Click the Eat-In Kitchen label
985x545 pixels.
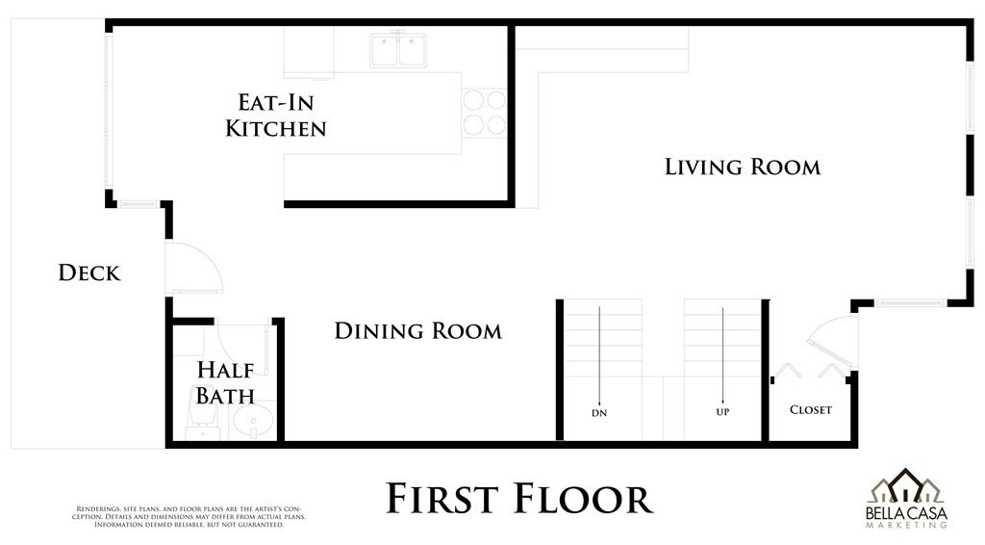pyautogui.click(x=276, y=115)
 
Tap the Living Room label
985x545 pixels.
pyautogui.click(x=743, y=168)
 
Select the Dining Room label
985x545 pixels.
pyautogui.click(x=417, y=331)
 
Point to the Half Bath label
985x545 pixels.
pyautogui.click(x=225, y=383)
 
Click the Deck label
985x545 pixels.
pyautogui.click(x=89, y=272)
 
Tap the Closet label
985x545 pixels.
pyautogui.click(x=810, y=410)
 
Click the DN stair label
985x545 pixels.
pyautogui.click(x=599, y=413)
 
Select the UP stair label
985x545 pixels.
pyautogui.click(x=722, y=412)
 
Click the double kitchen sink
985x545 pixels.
pyautogui.click(x=398, y=50)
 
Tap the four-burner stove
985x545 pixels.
pyautogui.click(x=485, y=113)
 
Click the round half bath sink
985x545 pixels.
pyautogui.click(x=253, y=421)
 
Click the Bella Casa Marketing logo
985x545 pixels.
pyautogui.click(x=906, y=498)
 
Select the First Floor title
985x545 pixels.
pyautogui.click(x=518, y=499)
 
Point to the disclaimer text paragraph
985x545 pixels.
pyautogui.click(x=189, y=517)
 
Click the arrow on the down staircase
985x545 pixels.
pyautogui.click(x=599, y=355)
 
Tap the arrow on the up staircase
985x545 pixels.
pyautogui.click(x=722, y=355)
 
